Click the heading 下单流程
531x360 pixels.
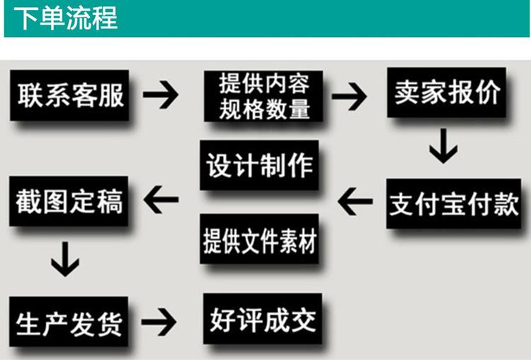pyautogui.click(x=66, y=18)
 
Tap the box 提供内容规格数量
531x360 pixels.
pyautogui.click(x=263, y=96)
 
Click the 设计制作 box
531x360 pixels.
pyautogui.click(x=258, y=166)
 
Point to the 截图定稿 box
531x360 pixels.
pyautogui.click(x=69, y=201)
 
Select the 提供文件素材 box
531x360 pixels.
pyautogui.click(x=258, y=239)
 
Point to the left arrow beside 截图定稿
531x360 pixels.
pyautogui.click(x=161, y=201)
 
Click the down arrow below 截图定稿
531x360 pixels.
pyautogui.click(x=65, y=259)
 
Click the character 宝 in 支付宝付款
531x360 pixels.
pyautogui.click(x=452, y=203)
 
